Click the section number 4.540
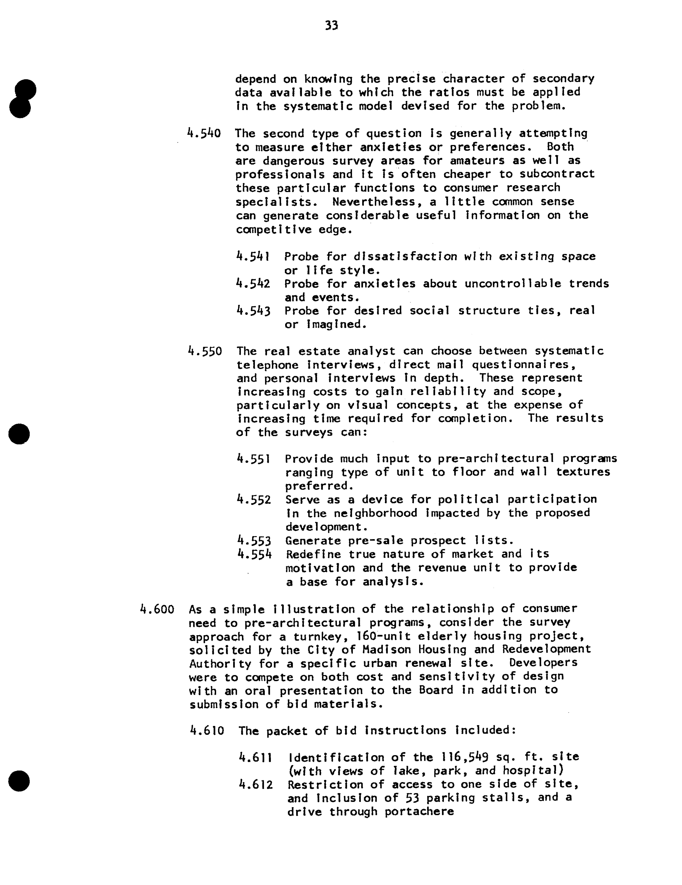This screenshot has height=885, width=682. (x=204, y=133)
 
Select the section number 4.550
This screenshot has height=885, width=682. (x=205, y=351)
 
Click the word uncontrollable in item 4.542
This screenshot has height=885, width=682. (x=513, y=284)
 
